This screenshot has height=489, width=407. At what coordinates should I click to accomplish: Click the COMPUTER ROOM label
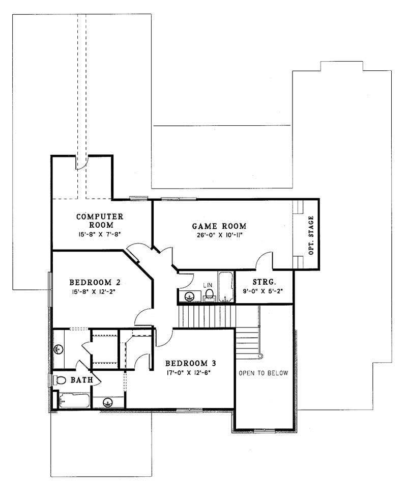[100, 220]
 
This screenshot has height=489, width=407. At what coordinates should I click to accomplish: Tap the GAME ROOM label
[219, 226]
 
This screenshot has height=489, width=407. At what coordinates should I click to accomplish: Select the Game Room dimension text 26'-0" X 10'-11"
[219, 236]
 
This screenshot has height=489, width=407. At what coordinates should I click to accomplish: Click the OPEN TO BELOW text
[263, 373]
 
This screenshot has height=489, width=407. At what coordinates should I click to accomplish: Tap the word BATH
[81, 380]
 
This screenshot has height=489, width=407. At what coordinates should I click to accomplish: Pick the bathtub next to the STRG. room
[225, 288]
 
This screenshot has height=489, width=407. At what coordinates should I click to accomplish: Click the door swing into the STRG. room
[265, 260]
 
